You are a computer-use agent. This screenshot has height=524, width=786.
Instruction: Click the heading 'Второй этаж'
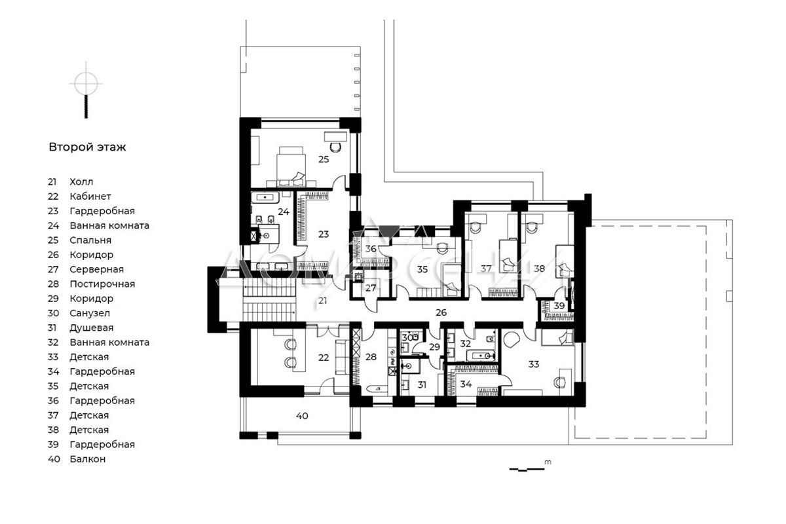[87, 147]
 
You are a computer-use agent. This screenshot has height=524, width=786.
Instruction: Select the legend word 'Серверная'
[96, 269]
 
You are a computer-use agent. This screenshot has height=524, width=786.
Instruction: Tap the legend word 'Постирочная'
[102, 284]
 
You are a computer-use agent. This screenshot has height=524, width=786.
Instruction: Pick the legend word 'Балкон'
[87, 459]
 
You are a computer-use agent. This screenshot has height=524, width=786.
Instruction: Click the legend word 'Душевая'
[91, 327]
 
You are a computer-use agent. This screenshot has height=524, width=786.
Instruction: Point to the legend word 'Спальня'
[90, 240]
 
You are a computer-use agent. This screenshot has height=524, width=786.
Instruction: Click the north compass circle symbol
[86, 84]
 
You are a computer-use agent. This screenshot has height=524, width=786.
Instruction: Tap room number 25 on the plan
[324, 159]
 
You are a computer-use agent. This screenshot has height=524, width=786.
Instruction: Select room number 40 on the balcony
[302, 416]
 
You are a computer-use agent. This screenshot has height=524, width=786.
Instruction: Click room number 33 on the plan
[533, 364]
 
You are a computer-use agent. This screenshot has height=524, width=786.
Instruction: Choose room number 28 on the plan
[371, 357]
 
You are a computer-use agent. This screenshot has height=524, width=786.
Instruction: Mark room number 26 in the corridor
[441, 312]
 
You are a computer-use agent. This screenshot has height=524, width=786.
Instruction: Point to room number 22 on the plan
[324, 357]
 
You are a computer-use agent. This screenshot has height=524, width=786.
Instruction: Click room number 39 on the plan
[559, 306]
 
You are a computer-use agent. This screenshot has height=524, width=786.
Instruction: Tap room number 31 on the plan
[422, 384]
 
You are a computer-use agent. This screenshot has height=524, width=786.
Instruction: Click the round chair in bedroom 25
[336, 147]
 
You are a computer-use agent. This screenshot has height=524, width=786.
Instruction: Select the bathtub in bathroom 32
[480, 356]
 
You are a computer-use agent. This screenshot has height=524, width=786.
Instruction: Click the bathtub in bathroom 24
[265, 198]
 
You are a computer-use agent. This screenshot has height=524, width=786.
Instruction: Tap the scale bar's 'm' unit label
[548, 462]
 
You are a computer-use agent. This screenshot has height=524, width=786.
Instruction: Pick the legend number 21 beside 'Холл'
[52, 182]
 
